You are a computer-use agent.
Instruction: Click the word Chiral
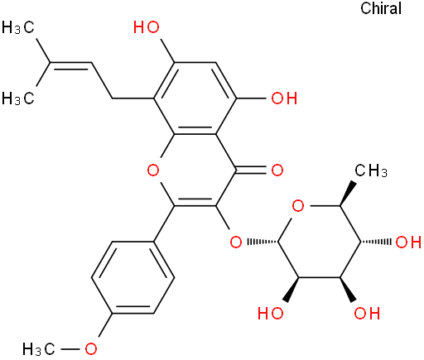(x=381, y=8)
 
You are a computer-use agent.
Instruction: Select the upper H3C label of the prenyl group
(x=18, y=27)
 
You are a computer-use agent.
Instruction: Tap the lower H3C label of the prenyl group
(x=18, y=98)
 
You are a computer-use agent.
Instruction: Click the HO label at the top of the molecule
(x=147, y=27)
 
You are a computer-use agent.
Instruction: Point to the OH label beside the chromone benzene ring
(x=284, y=98)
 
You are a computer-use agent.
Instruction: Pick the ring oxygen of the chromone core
(x=153, y=170)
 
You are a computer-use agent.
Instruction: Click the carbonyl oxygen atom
(x=277, y=170)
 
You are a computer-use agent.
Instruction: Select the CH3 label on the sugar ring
(x=371, y=170)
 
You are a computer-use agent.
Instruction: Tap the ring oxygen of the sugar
(x=298, y=206)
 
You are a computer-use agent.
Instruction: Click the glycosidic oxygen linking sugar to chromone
(x=236, y=242)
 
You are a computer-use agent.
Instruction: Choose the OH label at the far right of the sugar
(x=408, y=242)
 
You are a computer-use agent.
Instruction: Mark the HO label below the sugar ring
(x=271, y=314)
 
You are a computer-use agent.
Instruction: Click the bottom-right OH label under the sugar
(x=367, y=314)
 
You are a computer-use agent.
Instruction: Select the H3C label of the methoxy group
(x=39, y=349)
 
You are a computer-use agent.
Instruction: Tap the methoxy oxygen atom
(x=91, y=349)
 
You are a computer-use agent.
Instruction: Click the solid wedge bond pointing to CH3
(x=346, y=194)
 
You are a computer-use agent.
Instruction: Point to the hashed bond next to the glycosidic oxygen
(x=263, y=242)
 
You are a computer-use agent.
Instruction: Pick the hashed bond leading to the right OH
(x=376, y=242)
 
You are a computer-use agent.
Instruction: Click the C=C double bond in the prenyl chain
(x=70, y=65)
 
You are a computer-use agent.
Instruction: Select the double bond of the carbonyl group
(x=252, y=170)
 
